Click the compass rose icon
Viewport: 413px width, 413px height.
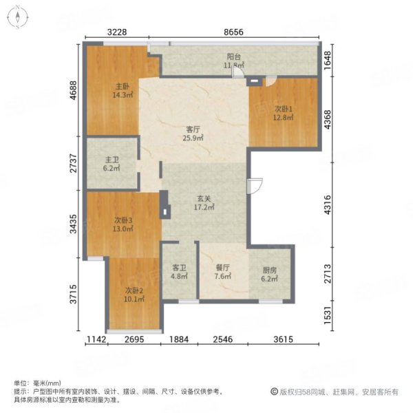point(17,17)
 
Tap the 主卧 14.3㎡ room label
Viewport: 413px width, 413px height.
point(123,91)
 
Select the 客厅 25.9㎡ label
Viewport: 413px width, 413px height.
point(193,134)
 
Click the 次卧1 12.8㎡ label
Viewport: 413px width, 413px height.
point(283,113)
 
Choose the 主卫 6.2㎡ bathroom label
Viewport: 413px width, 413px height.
point(112,164)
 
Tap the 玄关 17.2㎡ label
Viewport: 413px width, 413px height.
point(204,203)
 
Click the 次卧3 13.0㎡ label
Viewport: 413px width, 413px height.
point(123,224)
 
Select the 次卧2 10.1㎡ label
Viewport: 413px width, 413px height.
point(134,295)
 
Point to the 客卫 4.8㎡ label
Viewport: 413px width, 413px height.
point(179,272)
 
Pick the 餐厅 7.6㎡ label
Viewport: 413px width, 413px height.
point(223,272)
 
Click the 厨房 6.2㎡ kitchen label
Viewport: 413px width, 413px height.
point(269,274)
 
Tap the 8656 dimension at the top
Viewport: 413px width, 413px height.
point(233,32)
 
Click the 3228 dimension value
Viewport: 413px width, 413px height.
point(117,32)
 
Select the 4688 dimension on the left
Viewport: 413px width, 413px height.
point(74,90)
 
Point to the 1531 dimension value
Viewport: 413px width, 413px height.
point(328,315)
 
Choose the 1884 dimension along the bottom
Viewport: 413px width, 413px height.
point(179,339)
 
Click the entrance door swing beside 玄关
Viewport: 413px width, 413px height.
point(255,186)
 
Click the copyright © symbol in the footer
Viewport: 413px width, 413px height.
point(274,392)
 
